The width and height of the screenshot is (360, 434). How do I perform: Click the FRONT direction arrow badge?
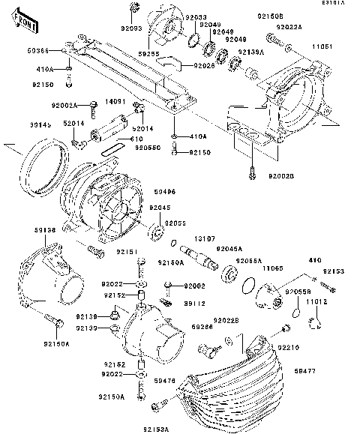click(x=25, y=25)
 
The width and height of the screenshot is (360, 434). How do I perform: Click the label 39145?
click(x=40, y=127)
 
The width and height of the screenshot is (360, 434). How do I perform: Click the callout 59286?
click(x=202, y=327)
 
